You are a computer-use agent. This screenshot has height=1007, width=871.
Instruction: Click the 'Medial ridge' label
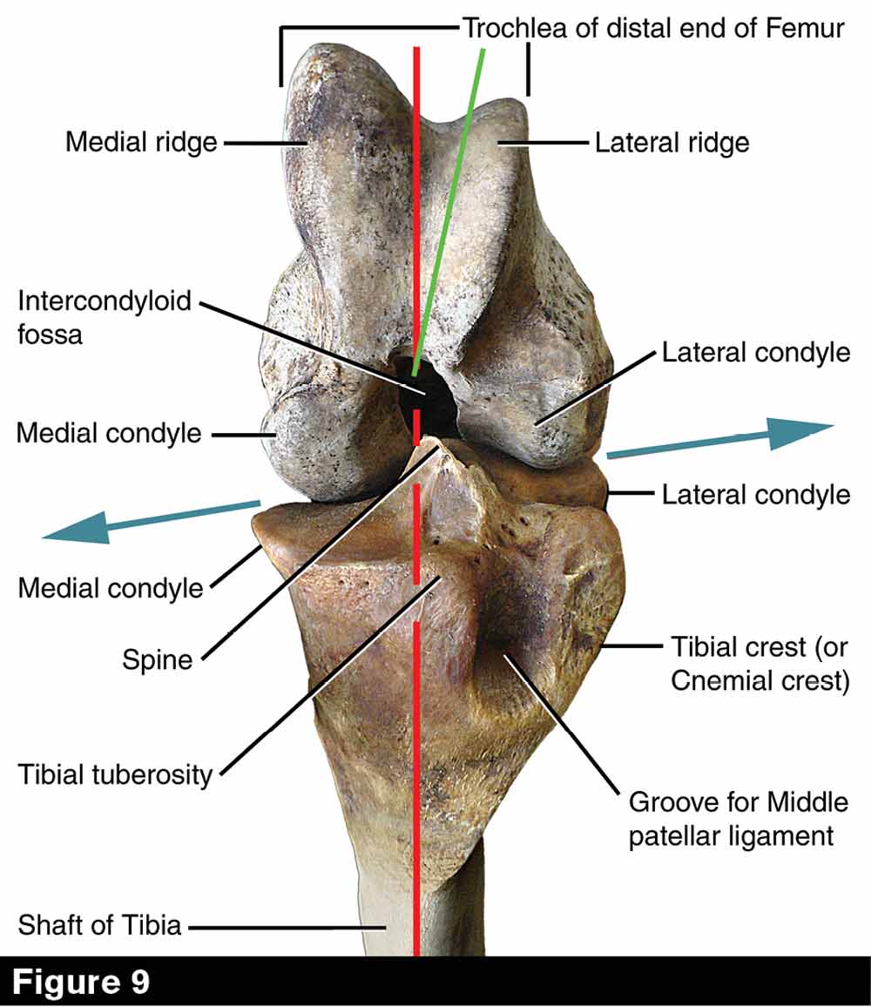coord(141,141)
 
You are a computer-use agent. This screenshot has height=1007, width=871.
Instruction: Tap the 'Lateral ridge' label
coord(672,141)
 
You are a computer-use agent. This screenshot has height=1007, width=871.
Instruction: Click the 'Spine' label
coord(157,659)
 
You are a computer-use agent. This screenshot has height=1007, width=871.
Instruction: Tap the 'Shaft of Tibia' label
coord(99,924)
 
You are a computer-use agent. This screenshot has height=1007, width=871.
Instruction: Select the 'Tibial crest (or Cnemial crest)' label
coord(759,663)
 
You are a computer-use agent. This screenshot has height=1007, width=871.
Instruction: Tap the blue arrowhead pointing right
coord(801,432)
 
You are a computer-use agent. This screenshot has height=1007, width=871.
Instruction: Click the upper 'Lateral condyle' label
coord(755,352)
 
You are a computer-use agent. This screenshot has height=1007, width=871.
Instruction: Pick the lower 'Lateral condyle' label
coord(755,495)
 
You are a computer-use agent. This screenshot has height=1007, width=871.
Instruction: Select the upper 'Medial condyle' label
coord(109,432)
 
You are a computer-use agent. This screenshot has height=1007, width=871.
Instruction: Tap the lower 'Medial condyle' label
coord(111,588)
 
